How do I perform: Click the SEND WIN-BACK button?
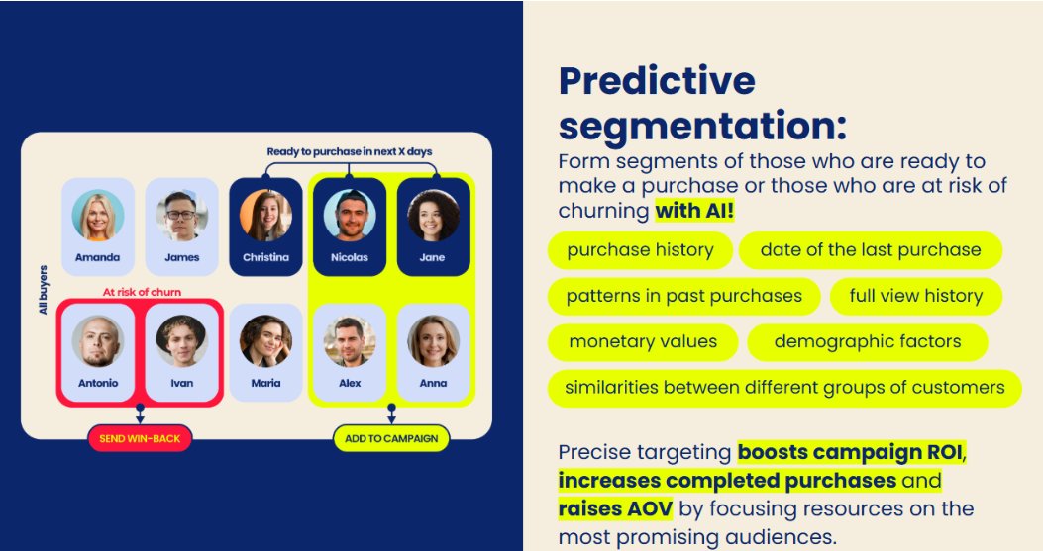(140, 438)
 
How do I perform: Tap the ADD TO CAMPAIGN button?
(391, 438)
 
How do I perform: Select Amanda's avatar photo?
(98, 216)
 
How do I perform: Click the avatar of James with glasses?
(181, 216)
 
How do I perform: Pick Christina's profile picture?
(265, 216)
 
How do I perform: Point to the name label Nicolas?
(350, 257)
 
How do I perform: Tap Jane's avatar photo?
(433, 216)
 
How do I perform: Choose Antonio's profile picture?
(98, 341)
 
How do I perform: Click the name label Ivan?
(181, 383)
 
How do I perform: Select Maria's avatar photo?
(265, 341)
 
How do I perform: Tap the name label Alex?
(350, 383)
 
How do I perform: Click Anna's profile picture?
(433, 341)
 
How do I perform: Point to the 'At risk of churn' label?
(142, 292)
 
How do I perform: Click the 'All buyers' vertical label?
(44, 290)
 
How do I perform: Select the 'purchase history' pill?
(640, 250)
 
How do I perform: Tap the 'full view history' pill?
(915, 296)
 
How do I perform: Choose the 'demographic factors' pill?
(868, 341)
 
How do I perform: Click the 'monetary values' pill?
(643, 341)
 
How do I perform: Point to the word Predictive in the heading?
(657, 81)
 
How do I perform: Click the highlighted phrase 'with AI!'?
(694, 211)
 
